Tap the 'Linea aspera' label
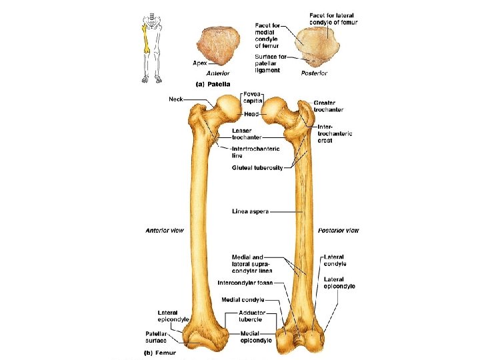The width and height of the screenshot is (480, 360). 250,212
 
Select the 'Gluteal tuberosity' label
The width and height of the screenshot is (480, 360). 257,167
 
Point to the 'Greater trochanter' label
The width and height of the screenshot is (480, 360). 330,106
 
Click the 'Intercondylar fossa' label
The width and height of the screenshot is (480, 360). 245,283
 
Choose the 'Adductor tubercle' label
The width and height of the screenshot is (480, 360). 252,315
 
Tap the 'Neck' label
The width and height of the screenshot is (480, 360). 175,99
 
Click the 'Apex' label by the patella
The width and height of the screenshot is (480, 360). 199,63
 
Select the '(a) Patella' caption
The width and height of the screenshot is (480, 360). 212,84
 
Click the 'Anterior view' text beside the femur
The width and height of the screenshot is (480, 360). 165,231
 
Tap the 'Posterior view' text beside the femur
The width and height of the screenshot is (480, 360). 338,231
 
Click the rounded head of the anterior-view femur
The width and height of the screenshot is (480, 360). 229,105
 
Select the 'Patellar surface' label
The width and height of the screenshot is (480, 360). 160,337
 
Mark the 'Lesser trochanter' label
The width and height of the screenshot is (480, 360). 246,133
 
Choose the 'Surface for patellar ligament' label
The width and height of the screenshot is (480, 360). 270,63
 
